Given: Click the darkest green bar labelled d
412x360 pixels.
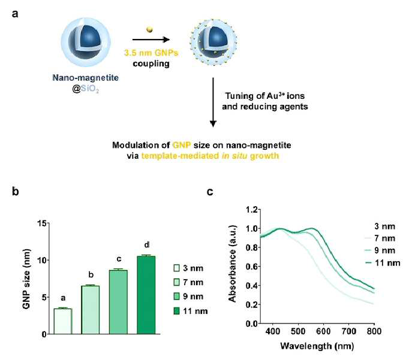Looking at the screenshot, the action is point(146,295).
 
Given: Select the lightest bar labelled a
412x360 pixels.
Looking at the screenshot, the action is point(63,322).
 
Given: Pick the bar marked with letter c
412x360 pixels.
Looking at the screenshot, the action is point(118,302).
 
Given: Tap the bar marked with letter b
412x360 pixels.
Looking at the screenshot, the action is point(91,310).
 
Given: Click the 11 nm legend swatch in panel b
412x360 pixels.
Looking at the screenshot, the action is point(176,311).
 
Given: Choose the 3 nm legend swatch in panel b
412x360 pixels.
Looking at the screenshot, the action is point(176,268).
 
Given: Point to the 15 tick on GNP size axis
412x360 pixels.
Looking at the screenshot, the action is point(42,223).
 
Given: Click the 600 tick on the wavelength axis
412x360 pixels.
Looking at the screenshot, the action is point(323,331).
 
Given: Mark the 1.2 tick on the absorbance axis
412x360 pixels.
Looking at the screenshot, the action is point(252,210).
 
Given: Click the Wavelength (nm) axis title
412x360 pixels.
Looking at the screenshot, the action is point(317,346).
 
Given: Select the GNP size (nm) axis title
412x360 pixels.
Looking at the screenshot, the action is point(26,279).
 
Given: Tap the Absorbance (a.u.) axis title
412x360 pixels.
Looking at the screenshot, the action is point(233,264).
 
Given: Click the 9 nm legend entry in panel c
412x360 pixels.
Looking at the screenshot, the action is point(380,250).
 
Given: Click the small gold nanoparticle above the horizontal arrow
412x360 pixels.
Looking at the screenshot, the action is point(149,29).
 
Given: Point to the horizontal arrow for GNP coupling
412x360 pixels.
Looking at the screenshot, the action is point(151,40).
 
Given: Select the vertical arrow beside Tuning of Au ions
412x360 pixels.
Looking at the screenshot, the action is point(213,102).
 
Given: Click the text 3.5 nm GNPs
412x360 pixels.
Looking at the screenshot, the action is point(151,53).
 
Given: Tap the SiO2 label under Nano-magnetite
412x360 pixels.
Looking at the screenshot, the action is point(89,89).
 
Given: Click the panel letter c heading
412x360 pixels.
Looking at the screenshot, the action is point(210,192).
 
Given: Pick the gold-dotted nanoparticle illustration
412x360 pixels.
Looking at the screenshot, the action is point(213,42).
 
